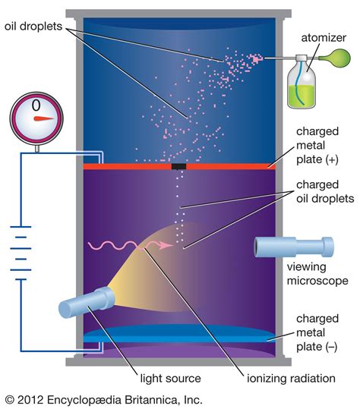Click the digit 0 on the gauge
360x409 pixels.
pyautogui.click(x=35, y=102)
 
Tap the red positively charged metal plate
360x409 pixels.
pyautogui.click(x=114, y=165)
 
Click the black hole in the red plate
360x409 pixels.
pyautogui.click(x=179, y=165)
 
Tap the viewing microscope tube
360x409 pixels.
pyautogui.click(x=292, y=247)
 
